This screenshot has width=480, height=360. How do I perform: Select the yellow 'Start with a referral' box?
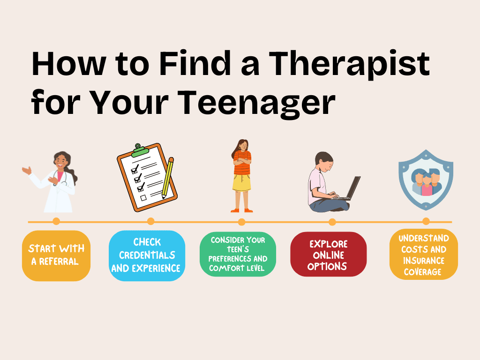[56, 255]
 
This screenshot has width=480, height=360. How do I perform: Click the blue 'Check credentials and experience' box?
[147, 255]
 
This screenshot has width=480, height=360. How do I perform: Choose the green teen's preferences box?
[238, 254]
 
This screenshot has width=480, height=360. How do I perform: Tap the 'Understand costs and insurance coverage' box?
[423, 255]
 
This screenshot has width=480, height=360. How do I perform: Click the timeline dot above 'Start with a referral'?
[56, 221]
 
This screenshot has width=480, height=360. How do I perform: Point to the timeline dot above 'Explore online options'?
[332, 221]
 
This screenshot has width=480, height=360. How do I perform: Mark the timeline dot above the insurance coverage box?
[426, 221]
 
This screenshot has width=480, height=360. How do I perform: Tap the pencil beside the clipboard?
[167, 178]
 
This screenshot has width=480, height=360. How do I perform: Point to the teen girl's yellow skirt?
[242, 183]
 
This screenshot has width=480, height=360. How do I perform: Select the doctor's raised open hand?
[26, 170]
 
